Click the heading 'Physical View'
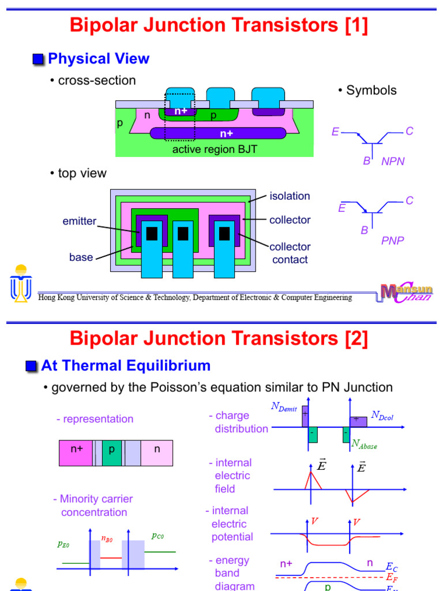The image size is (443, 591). [x=99, y=59]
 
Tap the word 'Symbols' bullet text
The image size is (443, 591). [x=371, y=90]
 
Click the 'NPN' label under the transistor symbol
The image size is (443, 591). [x=393, y=162]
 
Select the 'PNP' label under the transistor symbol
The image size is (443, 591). [x=392, y=241]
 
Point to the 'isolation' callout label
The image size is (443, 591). [x=290, y=196]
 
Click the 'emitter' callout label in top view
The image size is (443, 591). [x=80, y=221]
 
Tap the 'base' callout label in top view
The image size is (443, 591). [x=81, y=257]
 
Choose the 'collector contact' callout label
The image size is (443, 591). [x=290, y=253]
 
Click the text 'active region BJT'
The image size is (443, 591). [x=215, y=150]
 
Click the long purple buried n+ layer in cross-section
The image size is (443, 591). [x=218, y=133]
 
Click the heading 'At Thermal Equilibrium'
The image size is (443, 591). [x=126, y=365]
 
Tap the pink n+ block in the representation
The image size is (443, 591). [x=76, y=452]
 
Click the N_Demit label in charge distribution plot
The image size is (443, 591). [x=284, y=407]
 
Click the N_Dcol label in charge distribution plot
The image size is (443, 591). [x=383, y=415]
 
